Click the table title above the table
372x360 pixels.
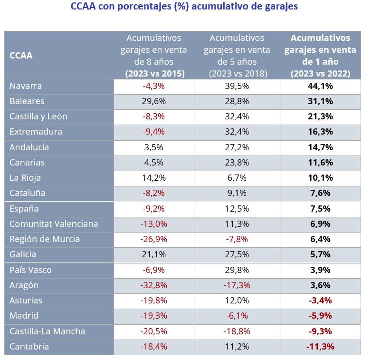[x=184, y=7]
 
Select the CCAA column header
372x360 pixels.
[x=21, y=56]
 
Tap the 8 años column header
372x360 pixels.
[x=153, y=56]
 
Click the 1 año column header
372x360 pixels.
[x=320, y=56]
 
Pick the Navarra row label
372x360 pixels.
[x=26, y=86]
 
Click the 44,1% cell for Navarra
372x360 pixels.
[x=320, y=86]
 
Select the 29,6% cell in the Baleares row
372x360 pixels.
[x=153, y=101]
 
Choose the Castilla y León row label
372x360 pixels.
[x=38, y=117]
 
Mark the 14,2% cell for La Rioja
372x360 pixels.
[x=153, y=178]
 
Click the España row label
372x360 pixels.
[x=24, y=209]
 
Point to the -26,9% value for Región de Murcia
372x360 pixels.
[x=153, y=239]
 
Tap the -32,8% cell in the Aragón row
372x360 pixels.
[x=153, y=285]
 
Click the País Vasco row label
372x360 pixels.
[x=30, y=270]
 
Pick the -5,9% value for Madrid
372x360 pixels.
[x=320, y=316]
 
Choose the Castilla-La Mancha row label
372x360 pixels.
[x=48, y=331]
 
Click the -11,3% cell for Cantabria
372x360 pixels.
[x=320, y=347]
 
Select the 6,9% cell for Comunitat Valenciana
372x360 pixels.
[x=320, y=224]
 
